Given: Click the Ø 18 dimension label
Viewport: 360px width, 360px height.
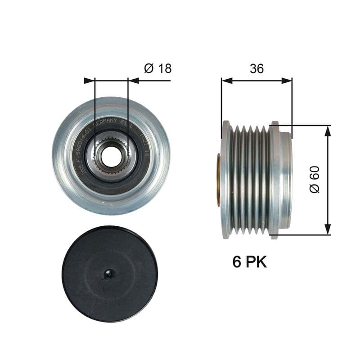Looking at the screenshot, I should tap(157, 68).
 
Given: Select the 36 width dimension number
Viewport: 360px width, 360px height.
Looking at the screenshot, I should tap(256, 68).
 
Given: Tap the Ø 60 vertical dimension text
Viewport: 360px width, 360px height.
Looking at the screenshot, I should tap(315, 180).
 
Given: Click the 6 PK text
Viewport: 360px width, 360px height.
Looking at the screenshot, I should tap(249, 262).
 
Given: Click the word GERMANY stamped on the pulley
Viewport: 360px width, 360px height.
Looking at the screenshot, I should tap(105, 122).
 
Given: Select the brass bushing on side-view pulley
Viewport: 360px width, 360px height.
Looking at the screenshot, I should tap(219, 180).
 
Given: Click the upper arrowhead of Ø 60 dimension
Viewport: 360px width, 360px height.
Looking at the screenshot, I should tap(327, 131).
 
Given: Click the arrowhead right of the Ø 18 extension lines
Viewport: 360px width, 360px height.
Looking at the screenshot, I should tap(133, 81).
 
